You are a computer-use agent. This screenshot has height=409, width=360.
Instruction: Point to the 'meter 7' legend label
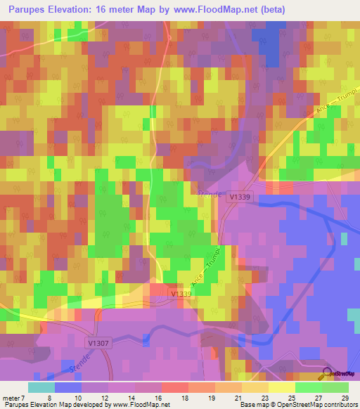[x=15, y=397]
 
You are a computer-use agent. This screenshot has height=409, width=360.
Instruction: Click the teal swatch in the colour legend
[x=41, y=387]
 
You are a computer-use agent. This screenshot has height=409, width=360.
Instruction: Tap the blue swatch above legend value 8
[x=68, y=387]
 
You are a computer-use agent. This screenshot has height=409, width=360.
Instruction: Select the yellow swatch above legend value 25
[x=282, y=387]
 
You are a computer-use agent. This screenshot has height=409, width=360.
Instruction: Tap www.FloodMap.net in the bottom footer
[x=150, y=405]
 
